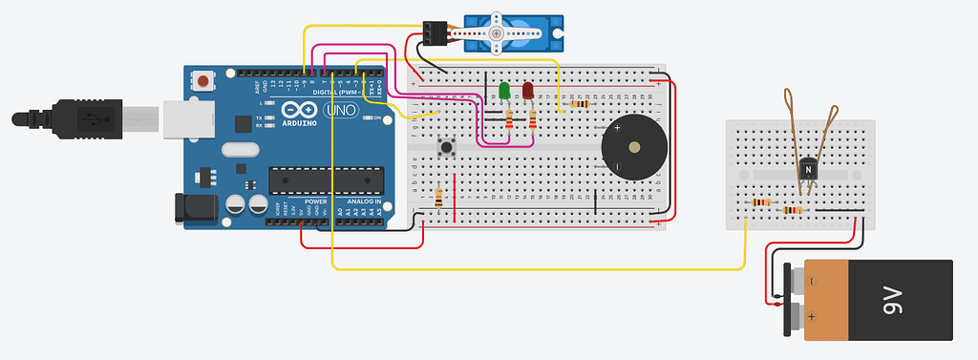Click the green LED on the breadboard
click(x=503, y=92)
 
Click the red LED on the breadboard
click(x=527, y=92)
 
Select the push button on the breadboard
click(x=445, y=147)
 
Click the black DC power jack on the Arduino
click(x=195, y=210)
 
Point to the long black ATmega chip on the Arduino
click(x=325, y=180)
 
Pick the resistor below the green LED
click(x=508, y=118)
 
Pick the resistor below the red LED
click(x=532, y=118)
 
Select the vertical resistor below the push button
click(x=437, y=198)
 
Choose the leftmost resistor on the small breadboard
click(x=761, y=202)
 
